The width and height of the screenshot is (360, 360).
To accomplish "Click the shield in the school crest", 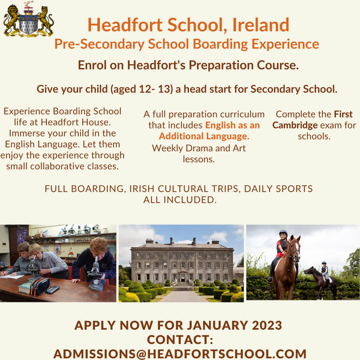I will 28,24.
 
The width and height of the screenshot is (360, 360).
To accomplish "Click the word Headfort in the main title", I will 121,25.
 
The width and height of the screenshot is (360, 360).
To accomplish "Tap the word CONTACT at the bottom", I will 180,340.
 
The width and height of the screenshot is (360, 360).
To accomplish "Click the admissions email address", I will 180,353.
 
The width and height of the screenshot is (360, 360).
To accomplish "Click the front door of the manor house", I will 181,278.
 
